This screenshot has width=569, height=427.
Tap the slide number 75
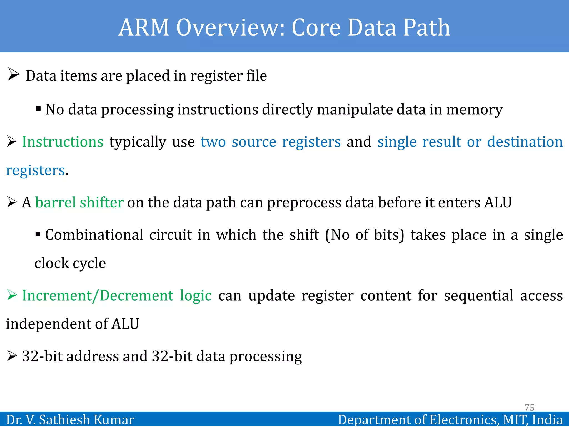[529, 408]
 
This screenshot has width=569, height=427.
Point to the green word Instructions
[63, 142]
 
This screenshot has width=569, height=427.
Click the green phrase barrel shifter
[79, 202]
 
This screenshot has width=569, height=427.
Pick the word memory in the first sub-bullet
[474, 110]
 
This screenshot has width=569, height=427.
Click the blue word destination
[525, 142]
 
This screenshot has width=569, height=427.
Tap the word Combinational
[94, 235]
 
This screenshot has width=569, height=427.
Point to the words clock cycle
[70, 263]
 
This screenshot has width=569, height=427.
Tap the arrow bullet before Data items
[13, 74]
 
